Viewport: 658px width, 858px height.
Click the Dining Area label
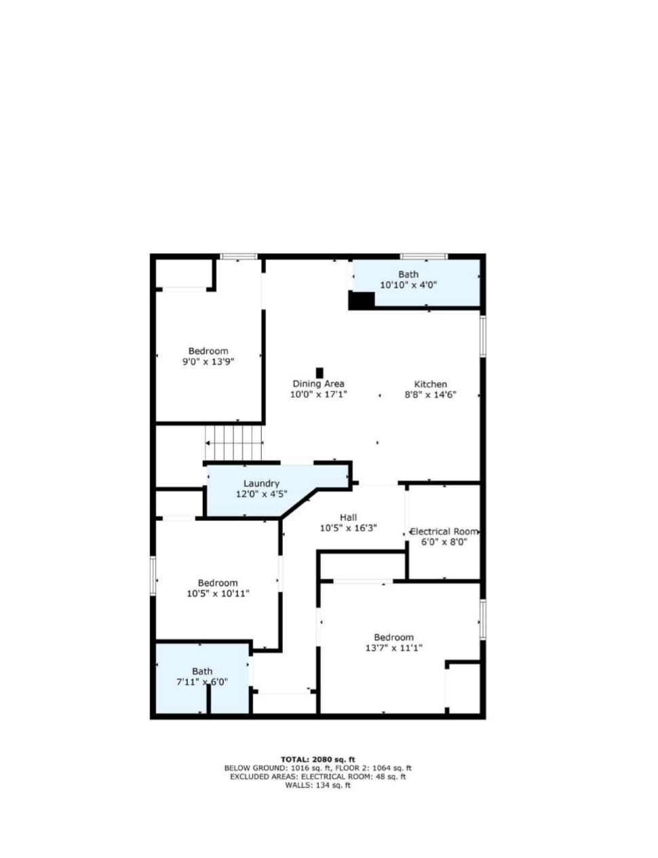click(318, 383)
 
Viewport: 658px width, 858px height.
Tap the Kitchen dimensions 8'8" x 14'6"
click(431, 395)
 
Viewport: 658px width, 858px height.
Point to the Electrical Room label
click(444, 531)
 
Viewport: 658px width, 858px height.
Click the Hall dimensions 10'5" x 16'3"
click(348, 528)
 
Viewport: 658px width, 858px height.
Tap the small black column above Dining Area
click(320, 373)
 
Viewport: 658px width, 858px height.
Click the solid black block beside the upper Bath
click(362, 300)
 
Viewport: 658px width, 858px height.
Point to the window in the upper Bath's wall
click(424, 256)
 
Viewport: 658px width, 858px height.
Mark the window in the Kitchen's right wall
click(483, 336)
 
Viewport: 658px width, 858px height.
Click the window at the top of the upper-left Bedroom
click(239, 256)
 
